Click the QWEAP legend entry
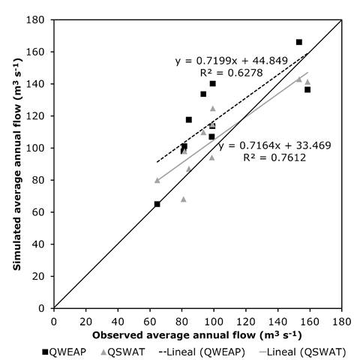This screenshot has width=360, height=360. [64, 352]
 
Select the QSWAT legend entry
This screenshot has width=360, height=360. [123, 352]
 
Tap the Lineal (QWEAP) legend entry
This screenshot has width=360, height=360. [202, 352]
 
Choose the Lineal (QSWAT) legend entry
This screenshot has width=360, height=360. [303, 352]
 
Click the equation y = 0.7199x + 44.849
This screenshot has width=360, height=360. [232, 61]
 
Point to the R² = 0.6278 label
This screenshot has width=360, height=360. [232, 73]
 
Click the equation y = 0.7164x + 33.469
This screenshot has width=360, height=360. [274, 145]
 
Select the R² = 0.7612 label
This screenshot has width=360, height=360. [274, 157]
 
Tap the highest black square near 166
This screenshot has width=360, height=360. [299, 42]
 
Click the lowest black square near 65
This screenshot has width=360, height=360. [157, 204]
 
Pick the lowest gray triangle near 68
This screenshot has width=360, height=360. [184, 199]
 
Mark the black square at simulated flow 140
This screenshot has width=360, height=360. [213, 83]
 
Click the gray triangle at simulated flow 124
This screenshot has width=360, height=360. [213, 109]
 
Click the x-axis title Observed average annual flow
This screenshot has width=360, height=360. [197, 335]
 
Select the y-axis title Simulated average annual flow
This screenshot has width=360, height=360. [17, 164]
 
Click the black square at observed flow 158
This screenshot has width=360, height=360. [307, 89]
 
